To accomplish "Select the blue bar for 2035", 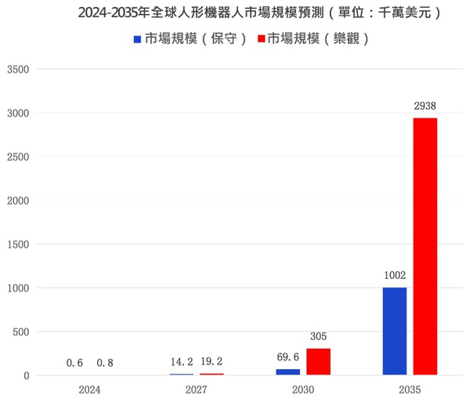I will pos(395,331).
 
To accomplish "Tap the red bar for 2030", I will pos(318,362).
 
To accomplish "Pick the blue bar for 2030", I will pos(288,372).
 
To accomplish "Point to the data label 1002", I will pos(395,275).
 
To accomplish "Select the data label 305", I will pos(318,336).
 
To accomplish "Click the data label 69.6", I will pos(289,357).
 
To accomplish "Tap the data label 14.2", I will pos(181,363).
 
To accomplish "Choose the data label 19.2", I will pos(211,363).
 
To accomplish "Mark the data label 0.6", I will pos(74,363).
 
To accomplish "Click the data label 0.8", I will pos(105,363).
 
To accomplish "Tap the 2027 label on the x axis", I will pos(196,389).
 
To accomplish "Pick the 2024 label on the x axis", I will pos(89,389).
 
